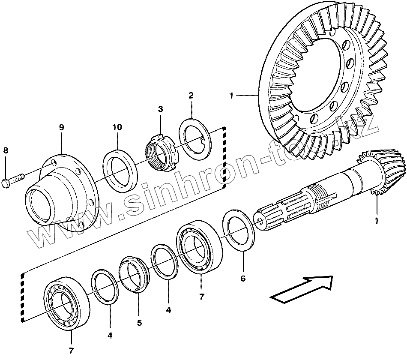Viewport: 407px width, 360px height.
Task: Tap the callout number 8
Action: pos(6,150)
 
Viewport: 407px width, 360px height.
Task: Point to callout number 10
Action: pos(117,127)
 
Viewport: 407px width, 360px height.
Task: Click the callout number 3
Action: pos(160,109)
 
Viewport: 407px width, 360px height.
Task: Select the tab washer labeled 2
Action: pos(195,138)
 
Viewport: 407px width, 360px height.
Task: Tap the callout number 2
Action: pos(191,95)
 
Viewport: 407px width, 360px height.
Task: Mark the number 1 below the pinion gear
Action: pos(377,221)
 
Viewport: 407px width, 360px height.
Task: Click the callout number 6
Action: pos(243,279)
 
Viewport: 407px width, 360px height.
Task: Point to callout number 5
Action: pos(139,323)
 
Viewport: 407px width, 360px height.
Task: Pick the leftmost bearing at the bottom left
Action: pos(66,304)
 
